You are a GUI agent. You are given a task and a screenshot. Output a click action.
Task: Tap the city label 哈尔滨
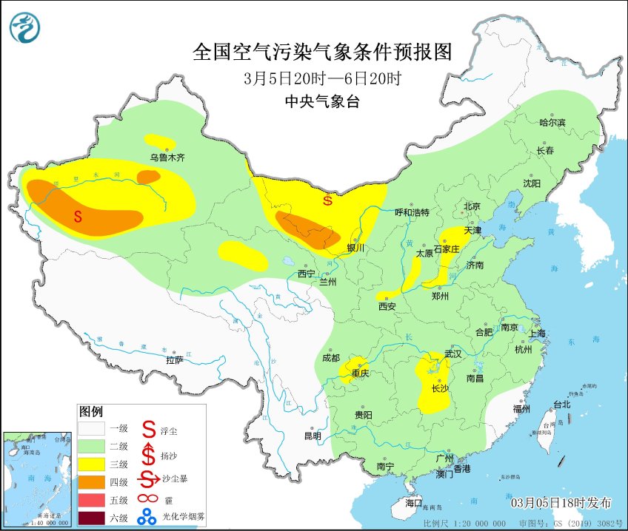[552, 122]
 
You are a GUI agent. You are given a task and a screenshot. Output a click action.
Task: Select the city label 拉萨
[174, 360]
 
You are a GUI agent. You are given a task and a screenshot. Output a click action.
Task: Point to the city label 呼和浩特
[411, 212]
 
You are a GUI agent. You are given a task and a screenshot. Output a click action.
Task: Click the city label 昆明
[313, 436]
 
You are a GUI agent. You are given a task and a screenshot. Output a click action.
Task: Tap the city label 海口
[413, 503]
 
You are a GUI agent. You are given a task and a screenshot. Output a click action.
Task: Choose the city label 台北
[562, 405]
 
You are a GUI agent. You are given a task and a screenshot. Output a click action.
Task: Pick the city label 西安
[387, 305]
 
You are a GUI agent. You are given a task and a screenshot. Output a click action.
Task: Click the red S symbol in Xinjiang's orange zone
[78, 216]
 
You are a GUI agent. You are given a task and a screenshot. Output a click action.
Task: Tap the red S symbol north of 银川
[327, 199]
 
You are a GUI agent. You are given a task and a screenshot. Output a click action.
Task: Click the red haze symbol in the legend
[150, 498]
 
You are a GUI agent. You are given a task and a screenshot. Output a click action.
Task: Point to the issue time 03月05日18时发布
[561, 503]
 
